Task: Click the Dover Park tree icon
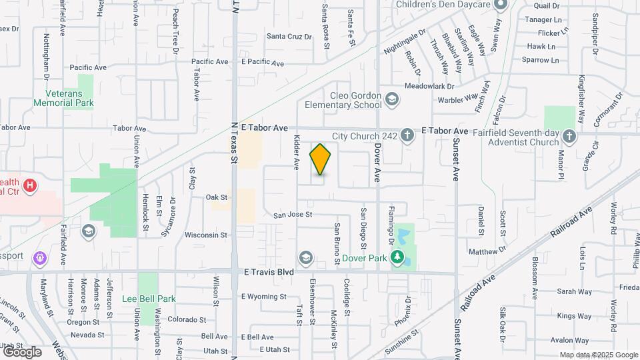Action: (x=397, y=257)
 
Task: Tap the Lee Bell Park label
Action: (x=149, y=299)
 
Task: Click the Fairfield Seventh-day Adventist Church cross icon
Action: (x=569, y=137)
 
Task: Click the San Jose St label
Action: (x=293, y=215)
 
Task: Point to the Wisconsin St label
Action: (x=206, y=235)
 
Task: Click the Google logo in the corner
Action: (x=22, y=351)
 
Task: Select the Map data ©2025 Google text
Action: (x=597, y=355)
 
